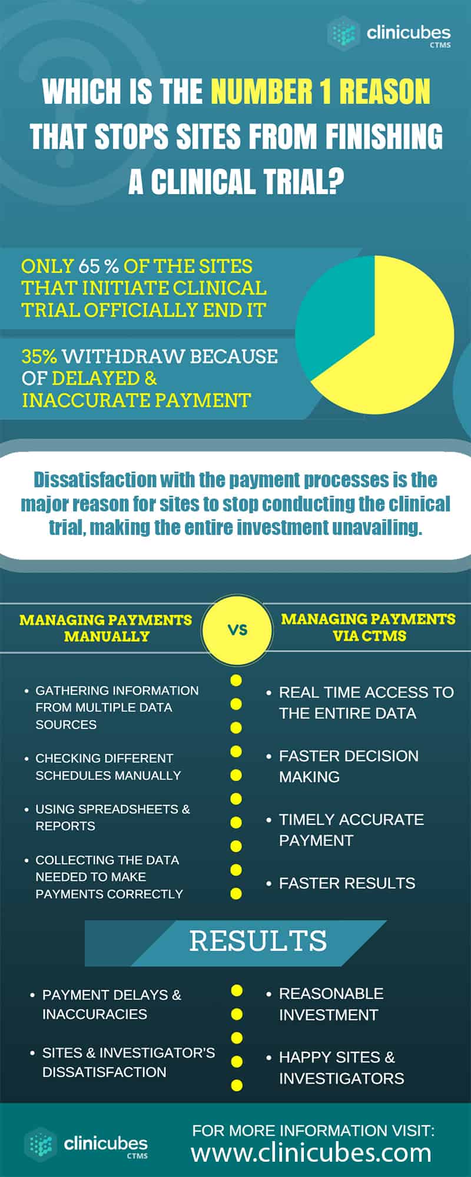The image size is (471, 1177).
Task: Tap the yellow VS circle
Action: [x=237, y=630]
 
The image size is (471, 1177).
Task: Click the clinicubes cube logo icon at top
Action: [x=344, y=33]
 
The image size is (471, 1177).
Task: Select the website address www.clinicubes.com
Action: [x=311, y=1152]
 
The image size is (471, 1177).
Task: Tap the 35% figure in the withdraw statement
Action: [x=39, y=356]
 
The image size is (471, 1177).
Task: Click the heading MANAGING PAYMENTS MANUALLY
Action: [x=106, y=628]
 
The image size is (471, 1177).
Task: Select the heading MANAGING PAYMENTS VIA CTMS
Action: [x=369, y=627]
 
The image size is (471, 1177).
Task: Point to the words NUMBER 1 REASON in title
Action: [x=321, y=92]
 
